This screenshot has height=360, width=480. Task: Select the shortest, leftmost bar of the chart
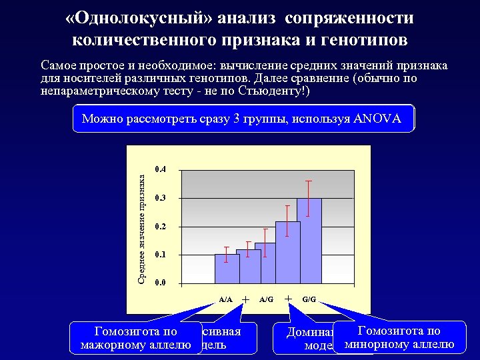click(x=227, y=269)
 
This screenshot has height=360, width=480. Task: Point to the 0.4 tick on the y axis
click(x=160, y=170)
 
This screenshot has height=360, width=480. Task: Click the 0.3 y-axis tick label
click(x=160, y=199)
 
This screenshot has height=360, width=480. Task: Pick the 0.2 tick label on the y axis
click(x=160, y=227)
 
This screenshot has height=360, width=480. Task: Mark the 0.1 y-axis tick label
click(x=160, y=255)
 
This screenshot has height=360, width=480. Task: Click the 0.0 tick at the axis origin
click(x=160, y=284)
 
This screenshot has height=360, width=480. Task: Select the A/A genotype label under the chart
click(x=226, y=299)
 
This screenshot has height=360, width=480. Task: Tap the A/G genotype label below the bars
click(x=267, y=299)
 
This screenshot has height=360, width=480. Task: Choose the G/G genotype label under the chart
click(x=309, y=299)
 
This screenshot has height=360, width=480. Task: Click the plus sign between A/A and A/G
click(x=246, y=299)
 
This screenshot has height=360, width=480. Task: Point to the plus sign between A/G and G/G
click(x=288, y=299)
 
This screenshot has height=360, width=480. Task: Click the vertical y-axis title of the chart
click(x=141, y=227)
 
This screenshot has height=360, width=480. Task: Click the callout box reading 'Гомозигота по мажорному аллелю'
click(x=136, y=337)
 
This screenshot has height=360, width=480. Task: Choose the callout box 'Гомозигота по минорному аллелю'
click(x=399, y=337)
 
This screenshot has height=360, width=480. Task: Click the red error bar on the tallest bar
click(x=309, y=198)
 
